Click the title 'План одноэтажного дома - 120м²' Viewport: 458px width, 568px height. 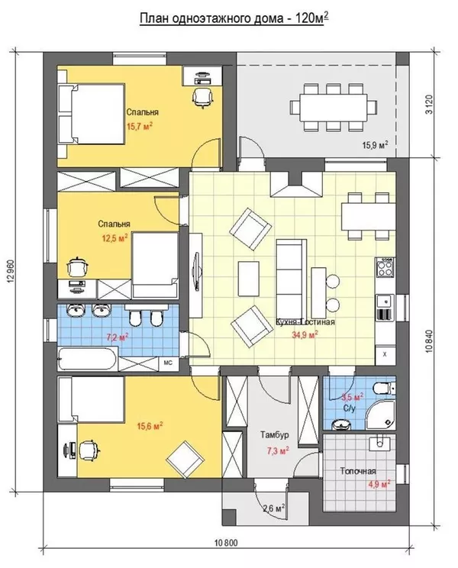[234, 18]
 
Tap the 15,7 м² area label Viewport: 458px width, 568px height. [140, 126]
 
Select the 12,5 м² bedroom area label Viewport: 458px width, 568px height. [114, 238]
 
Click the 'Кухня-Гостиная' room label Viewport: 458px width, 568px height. [305, 321]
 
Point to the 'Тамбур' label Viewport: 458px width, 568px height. [275, 434]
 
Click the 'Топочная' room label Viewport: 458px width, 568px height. [358, 471]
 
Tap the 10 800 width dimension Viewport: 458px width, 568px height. [226, 543]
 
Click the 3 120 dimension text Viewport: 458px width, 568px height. [430, 105]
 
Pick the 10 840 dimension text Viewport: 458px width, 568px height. [430, 340]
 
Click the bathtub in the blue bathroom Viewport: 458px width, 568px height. [87, 358]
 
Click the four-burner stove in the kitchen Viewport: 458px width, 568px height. [385, 267]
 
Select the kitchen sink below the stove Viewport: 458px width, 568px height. [385, 302]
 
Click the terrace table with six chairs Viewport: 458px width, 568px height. [333, 107]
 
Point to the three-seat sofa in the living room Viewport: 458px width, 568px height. [289, 279]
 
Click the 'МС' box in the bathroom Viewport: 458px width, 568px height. [169, 363]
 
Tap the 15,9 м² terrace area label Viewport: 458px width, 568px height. [375, 145]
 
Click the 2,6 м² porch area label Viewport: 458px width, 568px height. [274, 508]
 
